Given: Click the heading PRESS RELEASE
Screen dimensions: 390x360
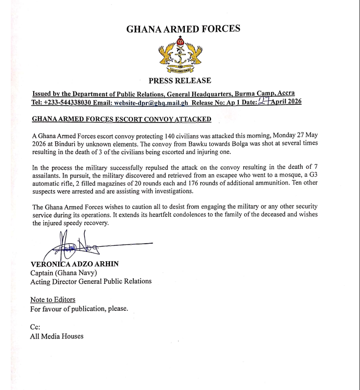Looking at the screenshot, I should pyautogui.click(x=180, y=81).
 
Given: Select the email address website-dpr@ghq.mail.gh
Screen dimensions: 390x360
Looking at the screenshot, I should pyautogui.click(x=150, y=102).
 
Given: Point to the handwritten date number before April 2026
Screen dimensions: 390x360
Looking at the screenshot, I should pyautogui.click(x=265, y=101).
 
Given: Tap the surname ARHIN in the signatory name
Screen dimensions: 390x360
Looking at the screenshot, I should pyautogui.click(x=106, y=264).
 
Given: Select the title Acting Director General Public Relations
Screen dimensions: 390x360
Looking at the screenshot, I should pyautogui.click(x=90, y=281).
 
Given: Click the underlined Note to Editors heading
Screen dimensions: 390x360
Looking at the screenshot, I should pyautogui.click(x=53, y=299).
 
